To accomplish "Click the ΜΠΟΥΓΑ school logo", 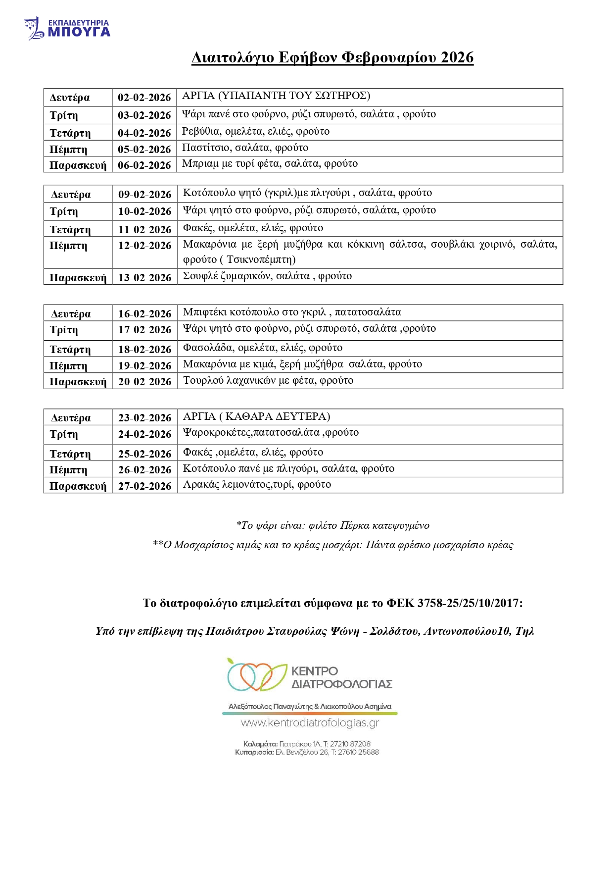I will [x=67, y=28].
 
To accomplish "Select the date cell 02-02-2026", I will [x=144, y=98].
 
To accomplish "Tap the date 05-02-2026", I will [x=144, y=150].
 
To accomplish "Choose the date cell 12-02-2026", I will [x=144, y=246].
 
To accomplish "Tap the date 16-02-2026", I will [x=144, y=314].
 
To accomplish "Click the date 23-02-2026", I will [x=144, y=418].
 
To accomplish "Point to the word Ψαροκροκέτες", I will [x=217, y=433].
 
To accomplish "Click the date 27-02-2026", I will [x=144, y=486].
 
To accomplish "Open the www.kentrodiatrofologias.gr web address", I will [x=310, y=723].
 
